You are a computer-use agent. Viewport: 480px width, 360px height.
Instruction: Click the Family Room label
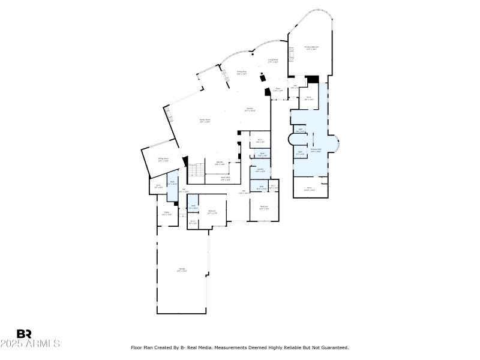(x=205, y=121)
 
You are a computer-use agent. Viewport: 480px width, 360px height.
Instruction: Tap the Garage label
(x=182, y=269)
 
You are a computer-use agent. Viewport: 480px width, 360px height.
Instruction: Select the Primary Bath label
(x=316, y=150)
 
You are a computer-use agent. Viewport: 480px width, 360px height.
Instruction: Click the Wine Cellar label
(x=226, y=178)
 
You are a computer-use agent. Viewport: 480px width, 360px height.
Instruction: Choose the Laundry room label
(x=260, y=170)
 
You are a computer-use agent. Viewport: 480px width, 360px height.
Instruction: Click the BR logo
(x=24, y=334)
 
